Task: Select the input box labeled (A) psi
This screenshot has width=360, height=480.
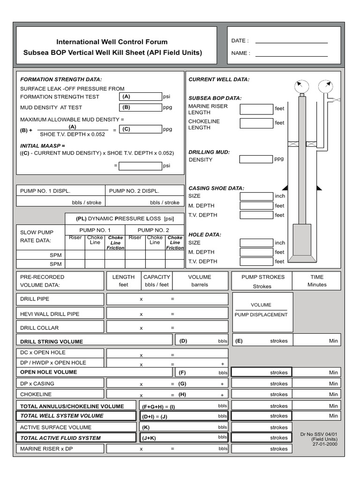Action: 140,97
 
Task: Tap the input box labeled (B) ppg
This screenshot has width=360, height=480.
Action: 140,107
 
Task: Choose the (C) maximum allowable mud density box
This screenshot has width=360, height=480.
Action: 140,129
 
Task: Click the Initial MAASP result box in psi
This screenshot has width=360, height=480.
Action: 140,166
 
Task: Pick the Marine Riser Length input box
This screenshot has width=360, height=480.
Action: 256,109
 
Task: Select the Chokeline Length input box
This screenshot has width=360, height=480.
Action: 256,123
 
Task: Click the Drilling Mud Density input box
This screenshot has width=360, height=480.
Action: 256,159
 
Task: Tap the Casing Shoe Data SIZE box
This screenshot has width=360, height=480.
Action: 256,196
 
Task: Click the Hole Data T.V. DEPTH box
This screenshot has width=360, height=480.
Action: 256,262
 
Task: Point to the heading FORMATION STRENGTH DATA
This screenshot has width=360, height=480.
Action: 60,80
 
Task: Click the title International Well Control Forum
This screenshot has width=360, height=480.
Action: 112,42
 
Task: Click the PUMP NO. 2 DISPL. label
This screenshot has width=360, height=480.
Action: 134,191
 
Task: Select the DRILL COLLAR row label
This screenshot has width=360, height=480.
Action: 39,328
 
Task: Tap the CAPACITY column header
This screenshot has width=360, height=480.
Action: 157,277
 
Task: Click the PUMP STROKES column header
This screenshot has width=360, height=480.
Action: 262,277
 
